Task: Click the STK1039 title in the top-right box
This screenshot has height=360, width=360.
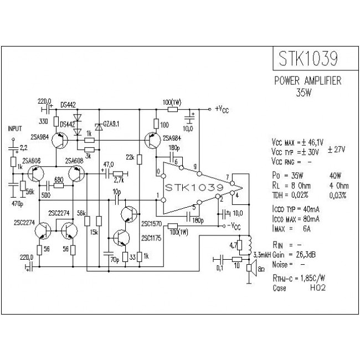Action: pyautogui.click(x=306, y=58)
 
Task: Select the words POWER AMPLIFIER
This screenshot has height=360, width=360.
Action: pyautogui.click(x=308, y=81)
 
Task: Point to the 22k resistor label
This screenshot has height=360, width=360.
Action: pyautogui.click(x=130, y=158)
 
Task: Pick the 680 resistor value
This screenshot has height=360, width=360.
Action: pyautogui.click(x=59, y=179)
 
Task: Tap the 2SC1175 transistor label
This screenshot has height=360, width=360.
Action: pyautogui.click(x=151, y=238)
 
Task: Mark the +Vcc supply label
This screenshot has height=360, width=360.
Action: pyautogui.click(x=222, y=109)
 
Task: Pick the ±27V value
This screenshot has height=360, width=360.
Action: pyautogui.click(x=339, y=149)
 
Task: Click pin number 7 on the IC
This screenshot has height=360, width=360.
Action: pyautogui.click(x=227, y=177)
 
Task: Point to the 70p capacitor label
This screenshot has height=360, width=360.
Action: pyautogui.click(x=114, y=259)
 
